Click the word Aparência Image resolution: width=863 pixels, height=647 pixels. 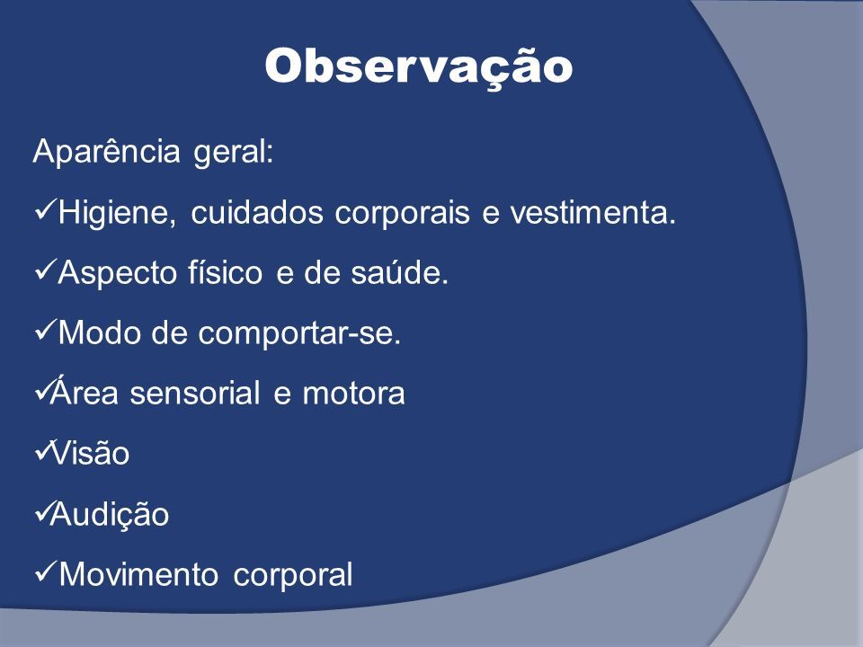(106, 153)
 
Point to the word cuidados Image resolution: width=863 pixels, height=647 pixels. (257, 212)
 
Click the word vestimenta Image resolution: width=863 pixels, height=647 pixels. (592, 212)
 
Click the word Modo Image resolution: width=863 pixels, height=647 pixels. (99, 332)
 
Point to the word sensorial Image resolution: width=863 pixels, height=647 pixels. (194, 393)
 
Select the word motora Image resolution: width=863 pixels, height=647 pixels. (353, 394)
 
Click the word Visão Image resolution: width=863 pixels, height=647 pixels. (90, 453)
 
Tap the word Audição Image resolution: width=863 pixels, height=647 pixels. (109, 515)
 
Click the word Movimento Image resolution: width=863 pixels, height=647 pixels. (138, 575)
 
